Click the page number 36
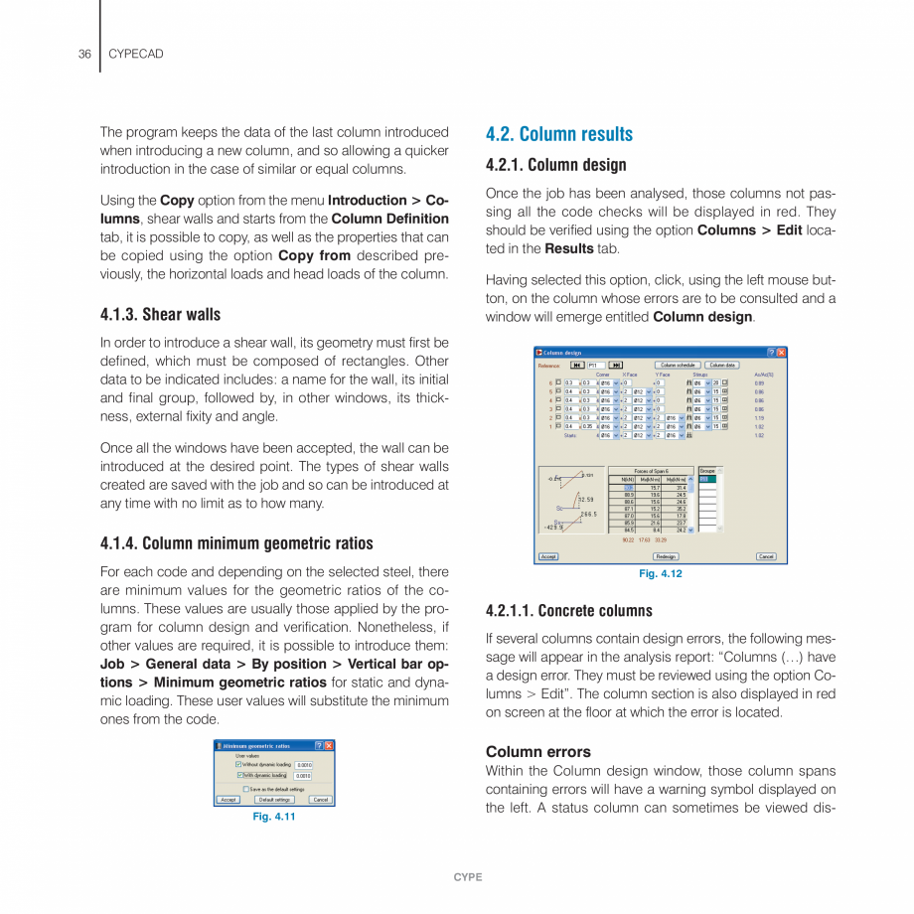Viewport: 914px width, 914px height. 84,54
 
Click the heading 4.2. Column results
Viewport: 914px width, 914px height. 558,134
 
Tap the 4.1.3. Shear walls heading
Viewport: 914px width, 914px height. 160,315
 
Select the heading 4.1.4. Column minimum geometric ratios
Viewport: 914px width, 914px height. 236,543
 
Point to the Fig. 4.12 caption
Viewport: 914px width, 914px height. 660,574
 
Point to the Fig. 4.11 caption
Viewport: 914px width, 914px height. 273,816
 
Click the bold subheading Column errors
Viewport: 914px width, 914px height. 537,752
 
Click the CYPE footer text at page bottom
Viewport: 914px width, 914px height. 467,877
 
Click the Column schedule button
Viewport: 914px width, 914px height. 680,365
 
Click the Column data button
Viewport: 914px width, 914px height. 722,365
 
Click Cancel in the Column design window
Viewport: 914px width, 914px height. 766,556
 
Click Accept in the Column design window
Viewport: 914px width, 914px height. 548,556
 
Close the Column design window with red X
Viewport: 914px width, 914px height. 781,352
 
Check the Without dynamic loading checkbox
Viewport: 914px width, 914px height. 238,765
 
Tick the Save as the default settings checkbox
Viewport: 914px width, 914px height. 245,789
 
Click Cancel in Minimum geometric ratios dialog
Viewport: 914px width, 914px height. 320,799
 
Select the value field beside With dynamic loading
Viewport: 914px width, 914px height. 303,776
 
